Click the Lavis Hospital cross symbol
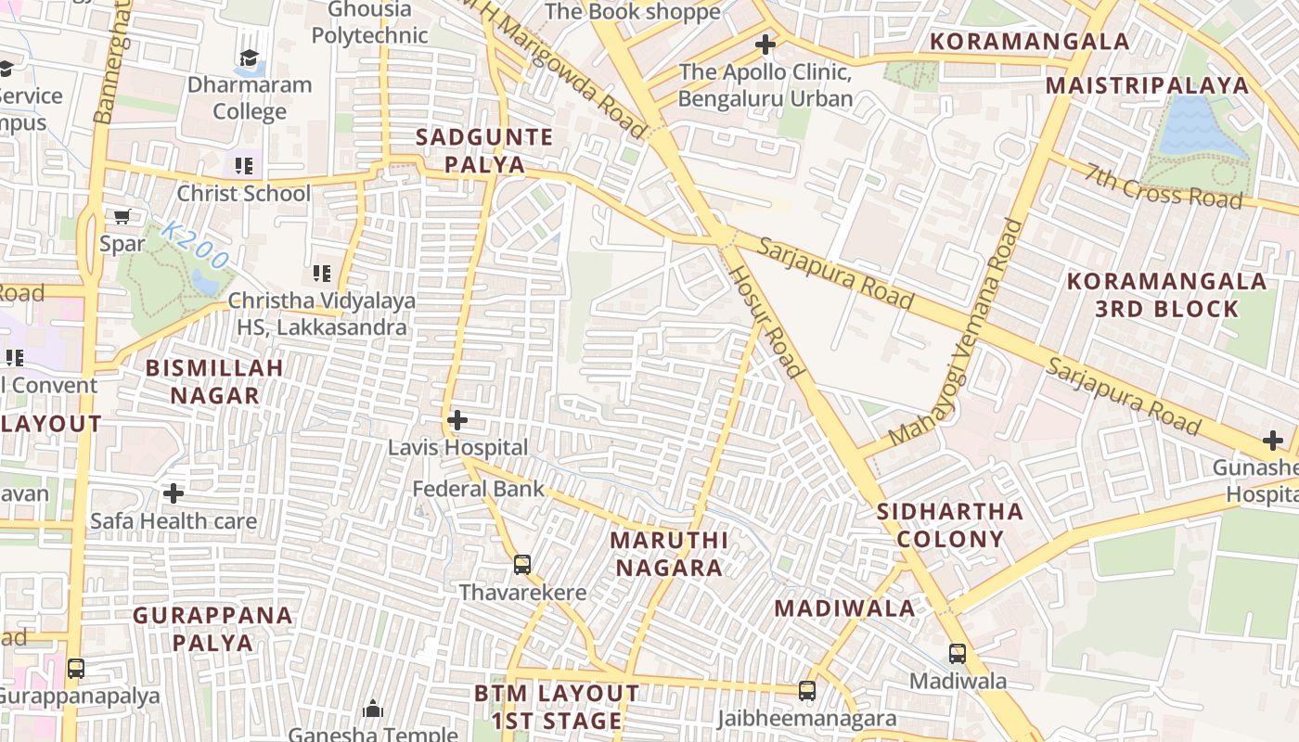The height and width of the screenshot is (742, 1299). [457, 420]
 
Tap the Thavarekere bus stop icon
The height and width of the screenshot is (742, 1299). [522, 564]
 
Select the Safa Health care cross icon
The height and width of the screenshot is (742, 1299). [173, 493]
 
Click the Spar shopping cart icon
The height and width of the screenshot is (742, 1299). [122, 217]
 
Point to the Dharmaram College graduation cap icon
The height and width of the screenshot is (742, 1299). [249, 58]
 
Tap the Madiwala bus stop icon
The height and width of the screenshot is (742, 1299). [958, 653]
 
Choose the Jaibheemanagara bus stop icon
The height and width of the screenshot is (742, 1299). [807, 691]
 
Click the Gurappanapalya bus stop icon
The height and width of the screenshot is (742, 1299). [76, 668]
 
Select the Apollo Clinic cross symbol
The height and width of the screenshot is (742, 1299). [765, 44]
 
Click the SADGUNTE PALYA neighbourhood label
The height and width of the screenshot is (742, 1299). [483, 151]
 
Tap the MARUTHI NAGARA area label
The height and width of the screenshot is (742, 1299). [668, 554]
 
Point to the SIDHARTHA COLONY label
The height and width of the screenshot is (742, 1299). [950, 525]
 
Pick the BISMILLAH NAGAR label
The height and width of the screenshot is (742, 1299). [214, 381]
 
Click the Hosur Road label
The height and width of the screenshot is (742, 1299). [766, 321]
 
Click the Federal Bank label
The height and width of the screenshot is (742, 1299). [478, 489]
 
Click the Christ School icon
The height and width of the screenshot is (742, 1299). [244, 166]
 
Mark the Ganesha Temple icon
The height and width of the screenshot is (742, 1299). [373, 710]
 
